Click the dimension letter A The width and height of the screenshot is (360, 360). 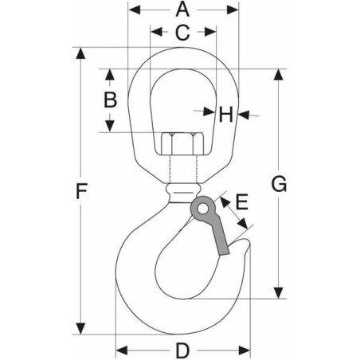pyautogui.click(x=182, y=10)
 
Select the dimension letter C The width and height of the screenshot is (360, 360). pyautogui.click(x=182, y=33)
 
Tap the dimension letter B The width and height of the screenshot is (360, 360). pyautogui.click(x=110, y=100)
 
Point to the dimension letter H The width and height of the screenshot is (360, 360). pyautogui.click(x=226, y=115)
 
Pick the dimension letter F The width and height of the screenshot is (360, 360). pyautogui.click(x=81, y=191)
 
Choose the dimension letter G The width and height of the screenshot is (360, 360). pyautogui.click(x=279, y=184)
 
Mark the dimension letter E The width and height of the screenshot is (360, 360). pyautogui.click(x=242, y=202)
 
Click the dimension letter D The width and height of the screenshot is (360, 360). pyautogui.click(x=182, y=350)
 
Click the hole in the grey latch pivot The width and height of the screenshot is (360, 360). pyautogui.click(x=203, y=209)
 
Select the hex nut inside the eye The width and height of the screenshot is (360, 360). pyautogui.click(x=182, y=143)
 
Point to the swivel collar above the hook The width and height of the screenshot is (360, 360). pyautogui.click(x=183, y=193)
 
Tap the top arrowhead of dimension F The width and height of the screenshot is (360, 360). pyautogui.click(x=80, y=53)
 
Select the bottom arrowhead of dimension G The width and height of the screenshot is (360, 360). pyautogui.click(x=278, y=292)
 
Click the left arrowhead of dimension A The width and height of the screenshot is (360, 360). pyautogui.click(x=135, y=10)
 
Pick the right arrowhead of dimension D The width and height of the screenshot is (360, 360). pyautogui.click(x=245, y=350)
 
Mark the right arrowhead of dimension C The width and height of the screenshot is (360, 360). pyautogui.click(x=210, y=32)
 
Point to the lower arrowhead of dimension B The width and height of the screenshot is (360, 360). pyautogui.click(x=110, y=126)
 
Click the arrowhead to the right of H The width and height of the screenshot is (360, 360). pyautogui.click(x=244, y=115)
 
